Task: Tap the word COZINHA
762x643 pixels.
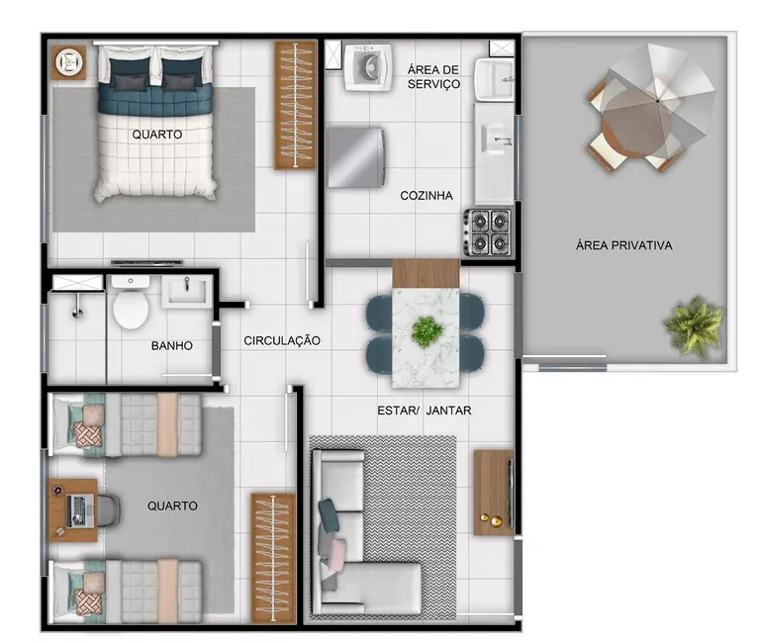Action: tap(427, 196)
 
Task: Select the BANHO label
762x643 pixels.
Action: tap(171, 346)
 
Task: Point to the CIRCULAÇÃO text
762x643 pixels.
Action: tap(283, 340)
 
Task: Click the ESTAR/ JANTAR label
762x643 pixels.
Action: tap(424, 410)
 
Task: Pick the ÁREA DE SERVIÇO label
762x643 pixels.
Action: tap(433, 76)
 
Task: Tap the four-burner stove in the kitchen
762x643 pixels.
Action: tap(488, 232)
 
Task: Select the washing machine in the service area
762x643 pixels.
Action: tap(368, 67)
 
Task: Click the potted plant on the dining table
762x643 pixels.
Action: tap(427, 331)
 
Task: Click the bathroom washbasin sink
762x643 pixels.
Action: tap(187, 291)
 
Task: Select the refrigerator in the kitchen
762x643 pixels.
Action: tap(356, 155)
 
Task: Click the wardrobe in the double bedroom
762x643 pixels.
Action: tap(295, 103)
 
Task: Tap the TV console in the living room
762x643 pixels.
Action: tap(493, 492)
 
